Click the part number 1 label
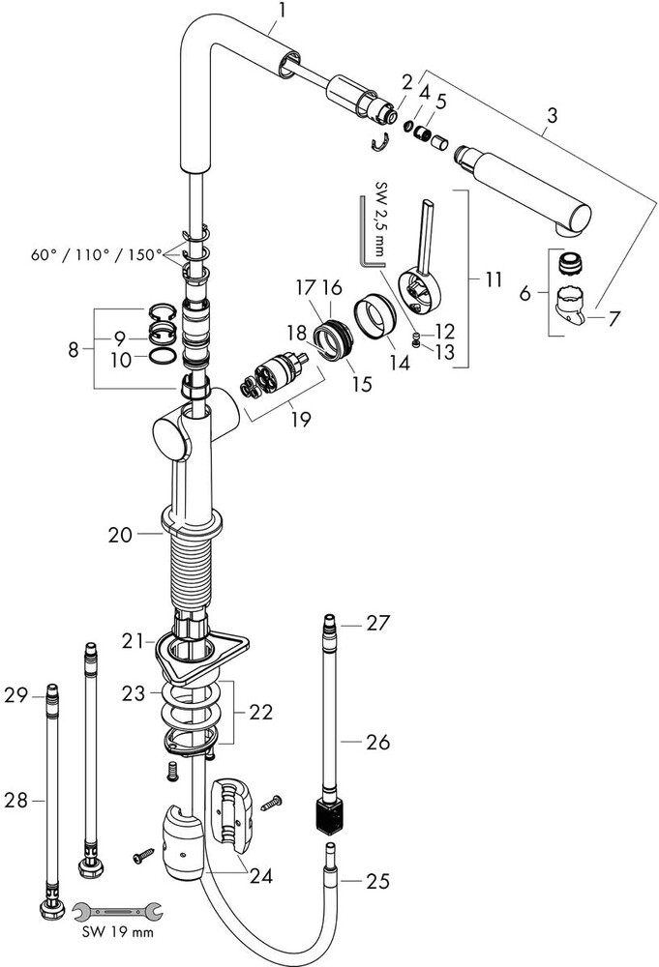282,11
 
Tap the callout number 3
552,115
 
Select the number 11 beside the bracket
493,279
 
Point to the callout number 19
301,420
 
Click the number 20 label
120,534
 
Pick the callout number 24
261,876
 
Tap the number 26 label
377,742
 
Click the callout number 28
16,801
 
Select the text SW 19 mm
117,932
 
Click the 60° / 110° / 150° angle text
96,254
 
